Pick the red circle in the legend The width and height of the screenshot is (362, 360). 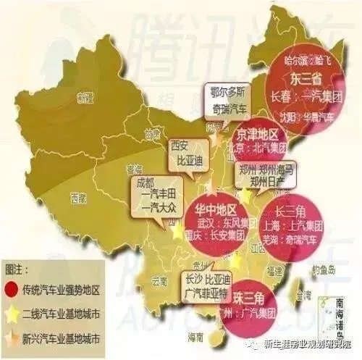(14, 289)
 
